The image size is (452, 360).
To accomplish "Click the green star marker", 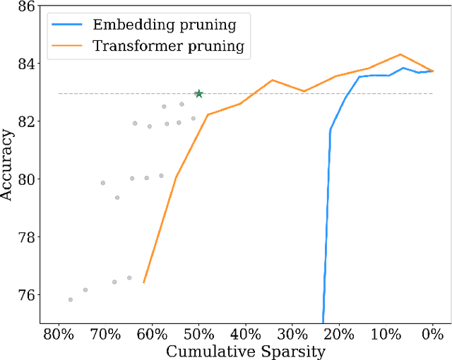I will pos(199,93).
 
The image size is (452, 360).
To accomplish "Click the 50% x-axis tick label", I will pos(199,334).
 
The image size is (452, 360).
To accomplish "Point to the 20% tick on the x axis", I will pos(339,334).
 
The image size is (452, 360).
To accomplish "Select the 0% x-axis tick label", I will pos(432,334).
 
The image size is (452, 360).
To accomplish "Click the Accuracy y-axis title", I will pos(8,164).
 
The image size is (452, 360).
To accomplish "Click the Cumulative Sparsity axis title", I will pos(245,351).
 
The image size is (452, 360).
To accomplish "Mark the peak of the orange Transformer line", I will pos(400,54).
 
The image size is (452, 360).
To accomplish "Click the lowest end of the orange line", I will pos(143,282).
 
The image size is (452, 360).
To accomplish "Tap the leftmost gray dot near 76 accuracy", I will pos(71,299).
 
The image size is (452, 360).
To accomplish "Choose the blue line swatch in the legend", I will pos(69,25).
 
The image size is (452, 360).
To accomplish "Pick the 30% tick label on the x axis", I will pos(292,334).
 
